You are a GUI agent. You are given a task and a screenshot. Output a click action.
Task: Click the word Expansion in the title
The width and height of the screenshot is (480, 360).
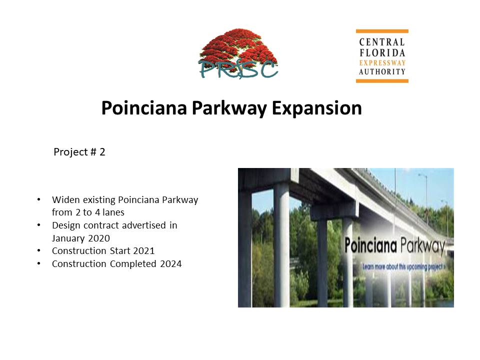click(x=317, y=108)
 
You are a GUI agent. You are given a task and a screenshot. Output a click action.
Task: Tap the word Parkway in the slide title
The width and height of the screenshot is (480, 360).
click(x=229, y=108)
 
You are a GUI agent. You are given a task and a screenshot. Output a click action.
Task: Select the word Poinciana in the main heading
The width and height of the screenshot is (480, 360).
click(x=144, y=108)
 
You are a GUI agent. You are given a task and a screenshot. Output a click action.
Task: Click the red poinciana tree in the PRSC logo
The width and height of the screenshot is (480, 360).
click(x=238, y=45)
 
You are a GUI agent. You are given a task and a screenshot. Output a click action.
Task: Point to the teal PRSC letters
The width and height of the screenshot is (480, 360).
click(x=238, y=70)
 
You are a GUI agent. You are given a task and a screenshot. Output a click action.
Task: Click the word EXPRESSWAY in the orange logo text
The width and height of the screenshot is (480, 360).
click(x=382, y=63)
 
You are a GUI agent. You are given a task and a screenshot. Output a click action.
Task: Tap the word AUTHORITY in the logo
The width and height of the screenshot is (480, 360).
click(x=382, y=71)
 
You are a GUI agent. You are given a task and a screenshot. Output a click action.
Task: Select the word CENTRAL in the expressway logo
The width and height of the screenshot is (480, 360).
click(x=382, y=42)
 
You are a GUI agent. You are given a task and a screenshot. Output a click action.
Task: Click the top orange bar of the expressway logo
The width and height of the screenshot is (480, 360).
click(x=382, y=31)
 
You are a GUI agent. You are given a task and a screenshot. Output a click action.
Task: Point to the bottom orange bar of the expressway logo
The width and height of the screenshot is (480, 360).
click(x=382, y=81)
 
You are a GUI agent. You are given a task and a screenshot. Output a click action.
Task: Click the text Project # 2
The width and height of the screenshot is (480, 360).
click(x=79, y=152)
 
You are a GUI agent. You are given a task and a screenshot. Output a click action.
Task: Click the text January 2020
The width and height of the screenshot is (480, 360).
click(x=81, y=238)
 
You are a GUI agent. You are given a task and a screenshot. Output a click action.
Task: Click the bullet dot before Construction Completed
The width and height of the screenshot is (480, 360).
click(x=39, y=263)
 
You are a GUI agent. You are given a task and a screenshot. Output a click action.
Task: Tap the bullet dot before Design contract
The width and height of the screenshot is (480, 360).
click(x=39, y=225)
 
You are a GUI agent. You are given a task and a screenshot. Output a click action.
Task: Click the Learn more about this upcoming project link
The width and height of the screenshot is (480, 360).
click(x=404, y=267)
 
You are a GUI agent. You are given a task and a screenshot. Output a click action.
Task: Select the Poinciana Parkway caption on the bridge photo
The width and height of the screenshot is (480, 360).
click(x=395, y=246)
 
